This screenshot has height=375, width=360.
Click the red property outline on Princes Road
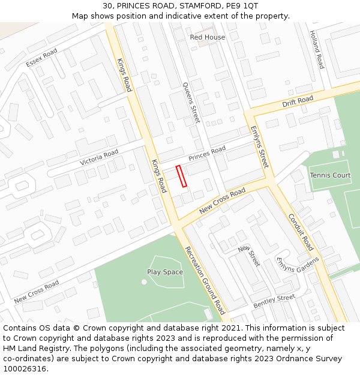182,176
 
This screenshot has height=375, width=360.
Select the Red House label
208,37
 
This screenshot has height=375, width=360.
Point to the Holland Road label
317,50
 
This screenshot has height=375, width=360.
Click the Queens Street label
190,103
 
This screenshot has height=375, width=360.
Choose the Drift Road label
298,101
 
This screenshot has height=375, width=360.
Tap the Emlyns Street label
259,147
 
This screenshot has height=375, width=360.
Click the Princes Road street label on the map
207,153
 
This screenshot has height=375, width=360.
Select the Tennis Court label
330,175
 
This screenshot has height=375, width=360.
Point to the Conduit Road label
301,232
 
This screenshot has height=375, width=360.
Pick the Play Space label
165,272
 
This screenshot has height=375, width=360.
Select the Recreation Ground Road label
205,280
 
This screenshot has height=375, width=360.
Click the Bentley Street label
274,301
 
